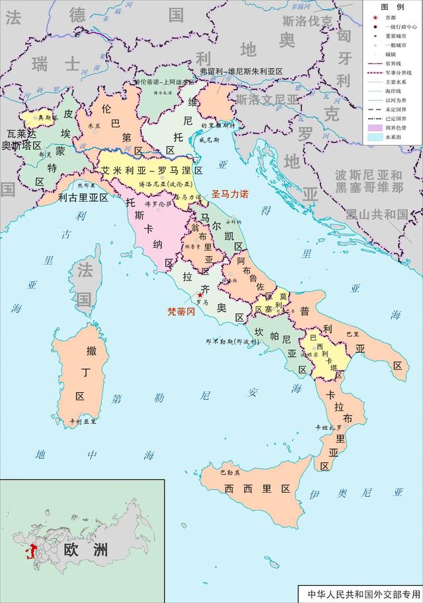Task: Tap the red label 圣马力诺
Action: (229, 195)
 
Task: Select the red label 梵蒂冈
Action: (181, 311)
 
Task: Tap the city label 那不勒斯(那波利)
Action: (230, 342)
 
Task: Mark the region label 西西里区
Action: (258, 489)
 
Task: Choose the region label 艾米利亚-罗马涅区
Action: (151, 170)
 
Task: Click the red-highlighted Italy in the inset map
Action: (28, 552)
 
